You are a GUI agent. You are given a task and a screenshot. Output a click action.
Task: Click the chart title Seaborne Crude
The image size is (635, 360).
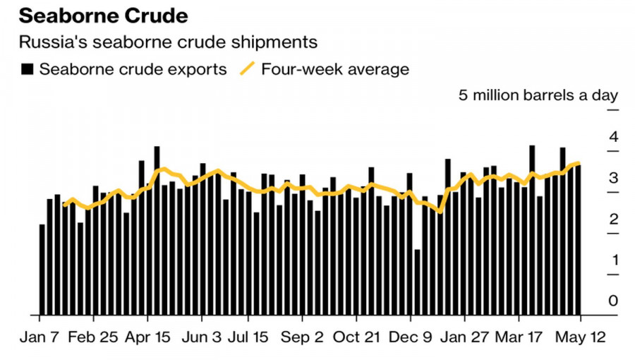point(104,16)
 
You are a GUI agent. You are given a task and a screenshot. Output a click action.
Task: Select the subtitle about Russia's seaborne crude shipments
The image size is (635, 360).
point(168,42)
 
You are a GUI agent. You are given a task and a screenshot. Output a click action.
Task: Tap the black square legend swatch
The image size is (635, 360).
point(28,69)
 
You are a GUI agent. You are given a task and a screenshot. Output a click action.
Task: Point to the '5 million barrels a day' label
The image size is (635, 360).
point(538,95)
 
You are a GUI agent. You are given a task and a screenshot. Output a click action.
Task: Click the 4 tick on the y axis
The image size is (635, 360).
point(613,136)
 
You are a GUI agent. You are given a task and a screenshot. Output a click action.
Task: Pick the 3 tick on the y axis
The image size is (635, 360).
point(613,177)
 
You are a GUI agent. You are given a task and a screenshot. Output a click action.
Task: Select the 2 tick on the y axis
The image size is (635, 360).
point(613,219)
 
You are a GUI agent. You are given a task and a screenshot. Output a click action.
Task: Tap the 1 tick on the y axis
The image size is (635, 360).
point(613,260)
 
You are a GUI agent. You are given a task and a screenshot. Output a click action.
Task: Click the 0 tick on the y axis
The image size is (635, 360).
point(613,301)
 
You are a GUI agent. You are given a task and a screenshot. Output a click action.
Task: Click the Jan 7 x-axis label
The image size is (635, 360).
point(39,336)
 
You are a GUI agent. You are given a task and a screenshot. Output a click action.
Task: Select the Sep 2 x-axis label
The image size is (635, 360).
point(302,336)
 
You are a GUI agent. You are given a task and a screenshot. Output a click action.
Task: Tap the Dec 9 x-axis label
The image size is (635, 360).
point(411,336)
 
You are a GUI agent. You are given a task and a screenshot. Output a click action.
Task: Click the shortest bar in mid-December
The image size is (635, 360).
point(417,282)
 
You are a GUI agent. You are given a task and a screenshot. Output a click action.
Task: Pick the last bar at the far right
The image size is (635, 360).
point(578,240)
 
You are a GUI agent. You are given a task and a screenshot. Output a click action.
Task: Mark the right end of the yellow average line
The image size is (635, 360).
point(579,163)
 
